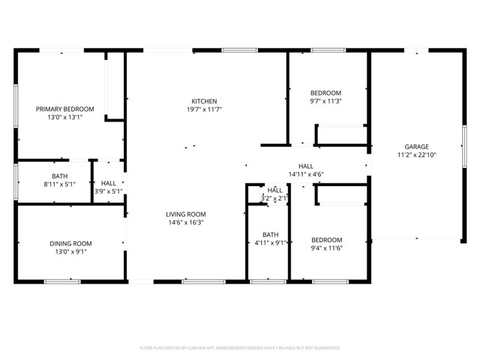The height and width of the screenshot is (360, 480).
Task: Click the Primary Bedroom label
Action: pyautogui.click(x=61, y=109)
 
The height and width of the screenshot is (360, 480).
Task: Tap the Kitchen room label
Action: pyautogui.click(x=204, y=101)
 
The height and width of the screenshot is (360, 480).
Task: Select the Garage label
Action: pyautogui.click(x=416, y=146)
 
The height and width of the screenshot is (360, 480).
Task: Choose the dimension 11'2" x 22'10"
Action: pyautogui.click(x=416, y=154)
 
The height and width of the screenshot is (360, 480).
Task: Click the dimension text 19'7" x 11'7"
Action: pyautogui.click(x=204, y=109)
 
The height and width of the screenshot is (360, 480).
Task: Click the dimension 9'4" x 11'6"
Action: pyautogui.click(x=326, y=248)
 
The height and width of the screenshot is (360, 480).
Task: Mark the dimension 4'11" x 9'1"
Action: pyautogui.click(x=271, y=242)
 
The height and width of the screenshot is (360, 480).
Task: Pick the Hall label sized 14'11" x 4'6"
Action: pyautogui.click(x=305, y=166)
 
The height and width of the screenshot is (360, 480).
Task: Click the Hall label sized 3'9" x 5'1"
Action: pyautogui.click(x=108, y=182)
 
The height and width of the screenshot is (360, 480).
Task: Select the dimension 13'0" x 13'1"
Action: pyautogui.click(x=61, y=117)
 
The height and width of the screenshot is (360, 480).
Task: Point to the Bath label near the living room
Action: pyautogui.click(x=271, y=234)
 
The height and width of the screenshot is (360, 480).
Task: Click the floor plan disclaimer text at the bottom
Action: pyautogui.click(x=240, y=348)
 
